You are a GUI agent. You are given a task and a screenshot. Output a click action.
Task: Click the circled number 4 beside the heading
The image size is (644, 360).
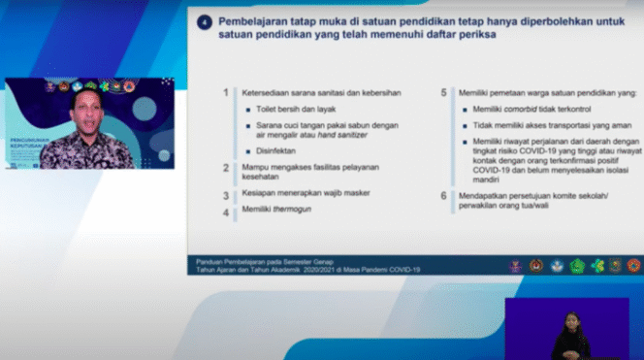click(205, 20)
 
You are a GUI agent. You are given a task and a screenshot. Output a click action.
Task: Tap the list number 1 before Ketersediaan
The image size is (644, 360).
click(225, 93)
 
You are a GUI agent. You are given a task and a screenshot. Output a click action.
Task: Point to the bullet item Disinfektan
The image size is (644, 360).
click(277, 152)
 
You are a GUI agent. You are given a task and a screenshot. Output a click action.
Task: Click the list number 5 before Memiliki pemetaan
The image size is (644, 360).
click(443, 93)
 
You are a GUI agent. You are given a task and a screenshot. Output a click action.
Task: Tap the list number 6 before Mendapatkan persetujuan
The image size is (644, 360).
click(443, 195)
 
